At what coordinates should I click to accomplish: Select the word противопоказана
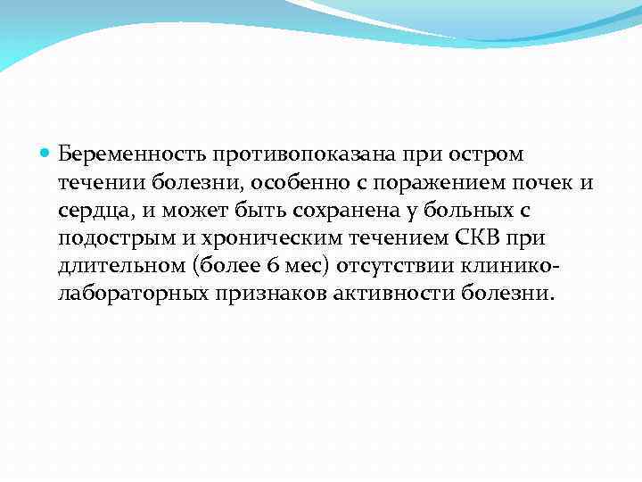tap(291, 154)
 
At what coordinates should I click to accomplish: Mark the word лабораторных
tap(130, 295)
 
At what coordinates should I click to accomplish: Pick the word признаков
tap(265, 295)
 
